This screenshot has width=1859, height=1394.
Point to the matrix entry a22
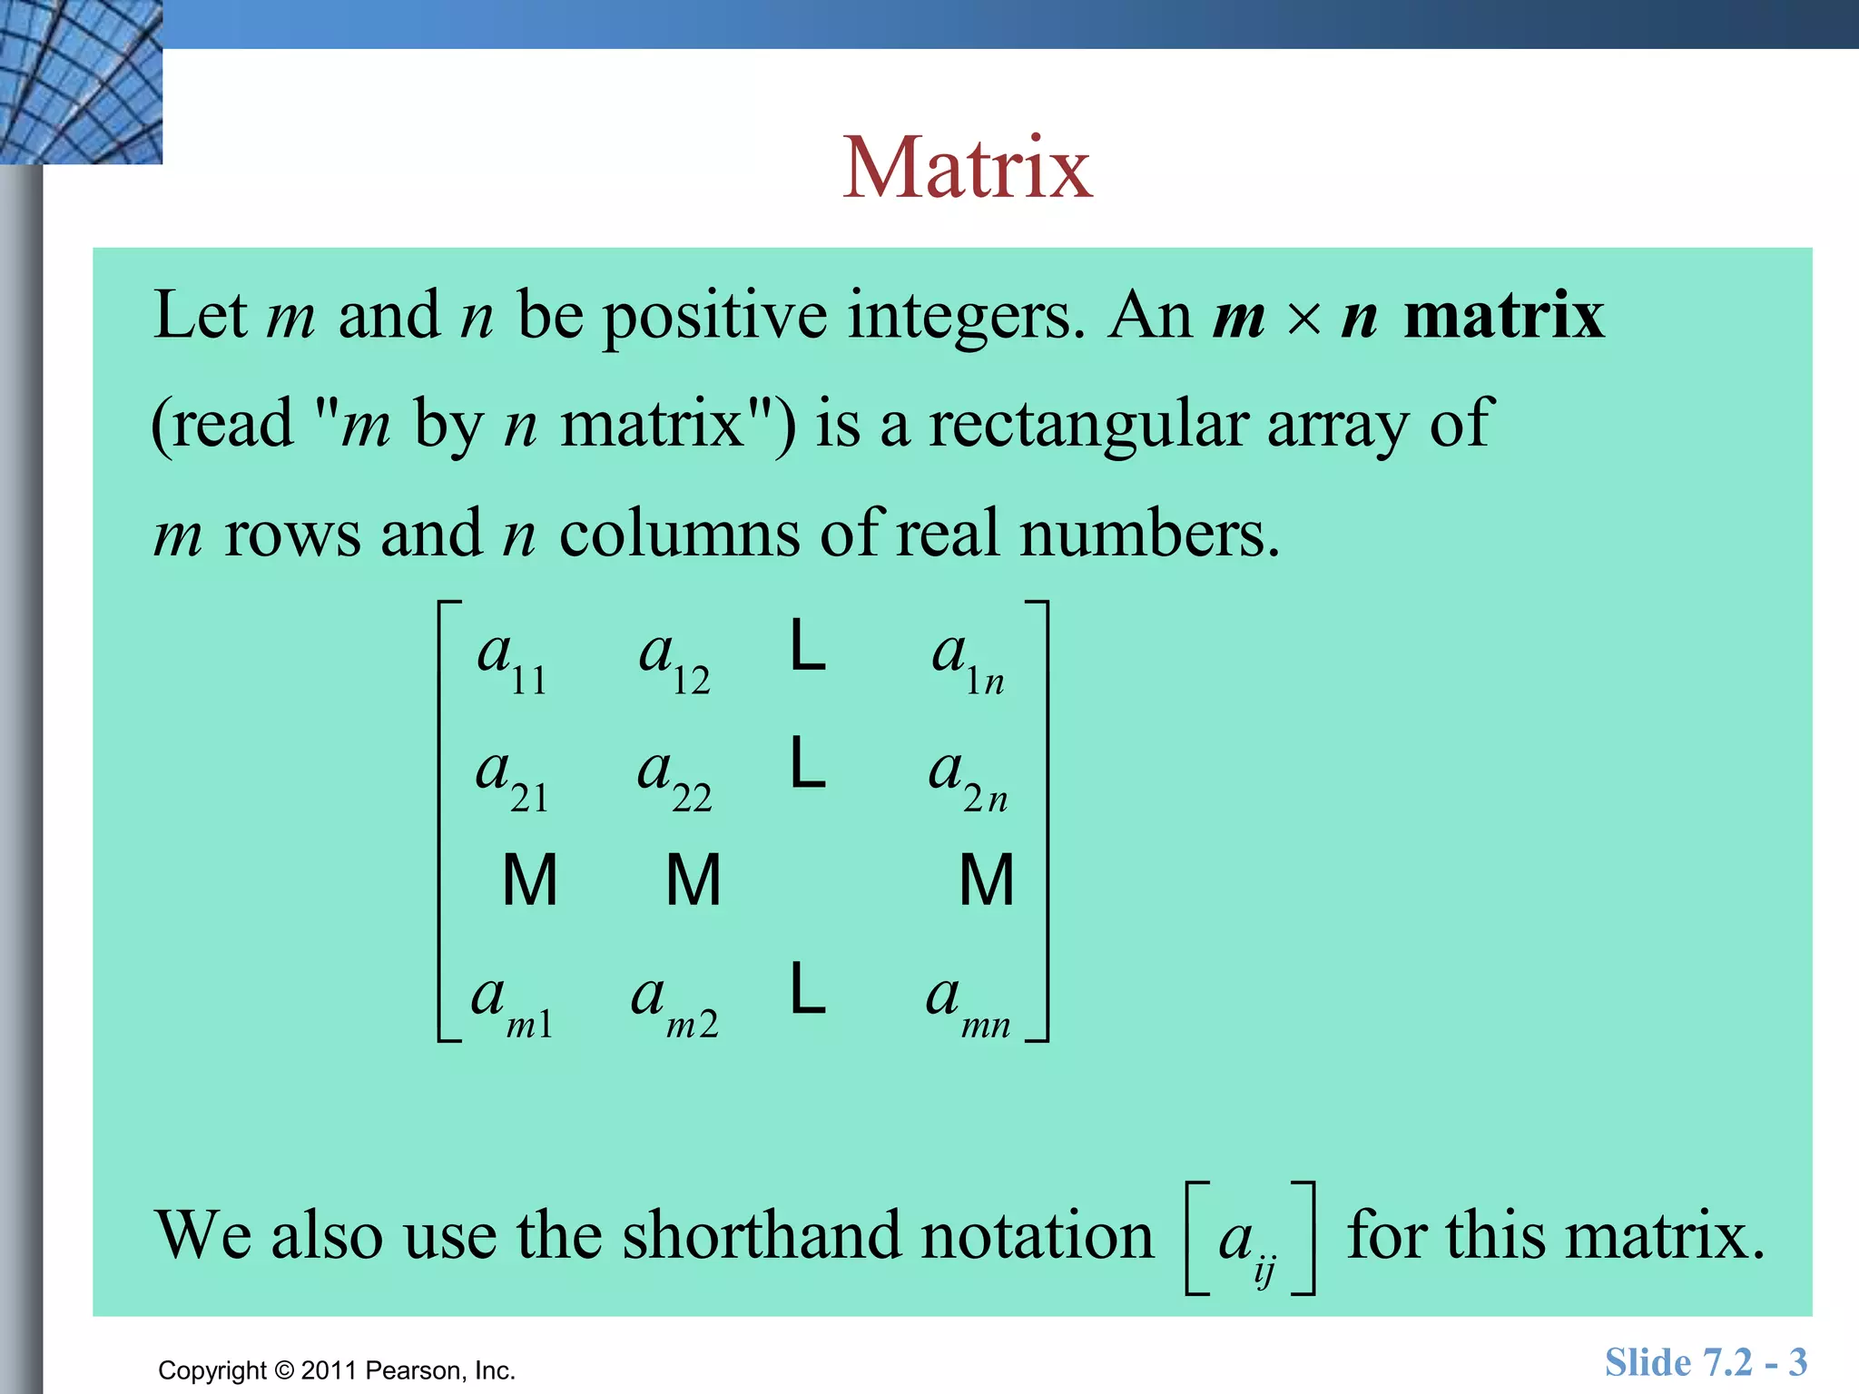pos(674,779)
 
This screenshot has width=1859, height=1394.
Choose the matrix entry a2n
pos(968,779)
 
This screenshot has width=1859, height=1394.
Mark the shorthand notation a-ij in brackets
pos(1250,1240)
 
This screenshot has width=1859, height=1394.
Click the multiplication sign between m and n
pos(1304,319)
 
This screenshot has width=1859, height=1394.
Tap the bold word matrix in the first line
pos(1504,315)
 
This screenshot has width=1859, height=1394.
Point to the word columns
pos(679,534)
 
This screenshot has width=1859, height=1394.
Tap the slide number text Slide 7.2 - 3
pos(1706,1362)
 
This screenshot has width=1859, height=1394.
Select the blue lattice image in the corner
pos(81,82)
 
